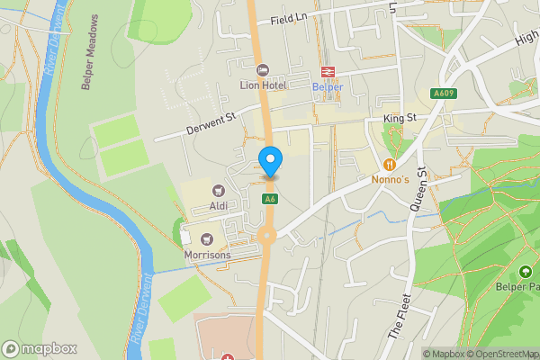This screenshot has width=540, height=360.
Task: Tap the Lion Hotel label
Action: click(x=263, y=85)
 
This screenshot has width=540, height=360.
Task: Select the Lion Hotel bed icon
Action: click(x=263, y=70)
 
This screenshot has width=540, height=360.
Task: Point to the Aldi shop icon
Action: click(x=218, y=190)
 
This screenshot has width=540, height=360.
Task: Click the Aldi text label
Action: click(x=218, y=205)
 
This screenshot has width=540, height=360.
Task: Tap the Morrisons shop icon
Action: click(x=208, y=239)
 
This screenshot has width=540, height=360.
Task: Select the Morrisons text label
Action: click(x=208, y=255)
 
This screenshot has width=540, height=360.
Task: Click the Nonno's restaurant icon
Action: click(x=390, y=164)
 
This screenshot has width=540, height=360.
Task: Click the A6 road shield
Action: click(x=269, y=199)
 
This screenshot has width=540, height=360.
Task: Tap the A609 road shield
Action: click(x=443, y=93)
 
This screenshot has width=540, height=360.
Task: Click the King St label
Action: click(x=399, y=118)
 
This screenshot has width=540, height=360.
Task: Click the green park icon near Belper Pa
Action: click(x=526, y=272)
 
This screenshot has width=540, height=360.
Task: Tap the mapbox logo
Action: click(x=40, y=348)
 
